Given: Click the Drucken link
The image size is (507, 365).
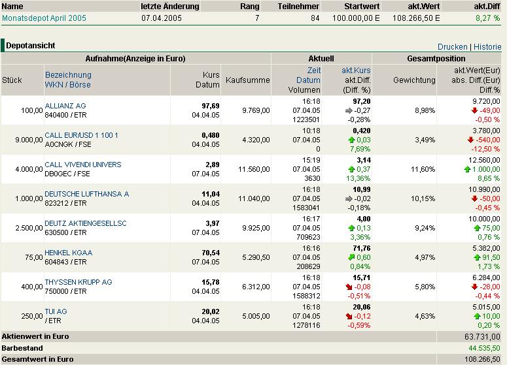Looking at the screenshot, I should (x=452, y=47).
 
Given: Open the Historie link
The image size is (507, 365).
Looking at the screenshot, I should (x=487, y=47).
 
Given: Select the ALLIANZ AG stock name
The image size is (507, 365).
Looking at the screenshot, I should (x=65, y=106).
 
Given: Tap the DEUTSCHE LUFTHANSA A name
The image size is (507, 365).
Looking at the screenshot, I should (x=87, y=194).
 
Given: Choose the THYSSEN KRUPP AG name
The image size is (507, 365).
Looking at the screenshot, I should (x=79, y=282).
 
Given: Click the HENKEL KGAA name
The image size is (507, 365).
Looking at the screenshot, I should (x=69, y=253).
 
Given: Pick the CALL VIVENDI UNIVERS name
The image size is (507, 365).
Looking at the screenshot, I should (x=83, y=165).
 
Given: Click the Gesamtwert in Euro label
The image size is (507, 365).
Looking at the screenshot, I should (x=38, y=359).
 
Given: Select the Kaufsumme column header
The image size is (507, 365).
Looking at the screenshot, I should (x=247, y=80).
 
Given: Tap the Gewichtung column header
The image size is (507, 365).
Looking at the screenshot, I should (x=414, y=80).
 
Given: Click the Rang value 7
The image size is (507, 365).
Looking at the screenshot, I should (x=257, y=18).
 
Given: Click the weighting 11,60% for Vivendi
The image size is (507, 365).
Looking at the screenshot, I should (x=424, y=169).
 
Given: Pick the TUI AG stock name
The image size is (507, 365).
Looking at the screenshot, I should (x=56, y=311).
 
